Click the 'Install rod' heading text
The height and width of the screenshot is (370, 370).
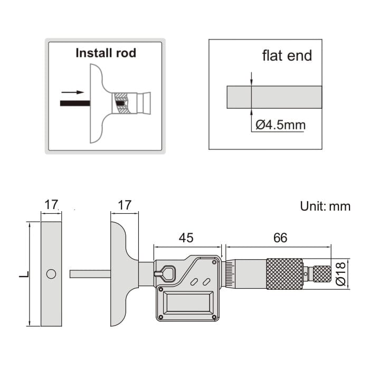pyautogui.click(x=106, y=53)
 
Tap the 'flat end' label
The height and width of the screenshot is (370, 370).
pyautogui.click(x=287, y=55)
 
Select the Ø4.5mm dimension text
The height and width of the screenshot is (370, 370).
pyautogui.click(x=280, y=125)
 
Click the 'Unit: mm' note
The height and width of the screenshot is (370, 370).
pyautogui.click(x=325, y=206)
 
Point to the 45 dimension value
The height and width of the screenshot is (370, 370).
pyautogui.click(x=186, y=238)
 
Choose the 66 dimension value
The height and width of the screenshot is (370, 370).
pyautogui.click(x=280, y=238)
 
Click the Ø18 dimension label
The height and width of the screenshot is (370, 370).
pyautogui.click(x=341, y=273)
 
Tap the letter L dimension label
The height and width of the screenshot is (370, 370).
pyautogui.click(x=20, y=274)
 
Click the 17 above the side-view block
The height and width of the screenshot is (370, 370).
pyautogui.click(x=51, y=205)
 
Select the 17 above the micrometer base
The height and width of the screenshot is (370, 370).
pyautogui.click(x=124, y=205)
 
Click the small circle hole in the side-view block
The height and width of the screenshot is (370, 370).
pyautogui.click(x=51, y=274)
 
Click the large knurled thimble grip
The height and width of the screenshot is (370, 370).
pyautogui.click(x=284, y=273)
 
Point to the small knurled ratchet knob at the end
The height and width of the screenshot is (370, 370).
pyautogui.click(x=322, y=273)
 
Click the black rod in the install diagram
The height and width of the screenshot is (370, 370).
pyautogui.click(x=73, y=103)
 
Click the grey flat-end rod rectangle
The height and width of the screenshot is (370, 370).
pyautogui.click(x=274, y=97)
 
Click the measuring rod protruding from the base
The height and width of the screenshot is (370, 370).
pyautogui.click(x=90, y=274)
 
